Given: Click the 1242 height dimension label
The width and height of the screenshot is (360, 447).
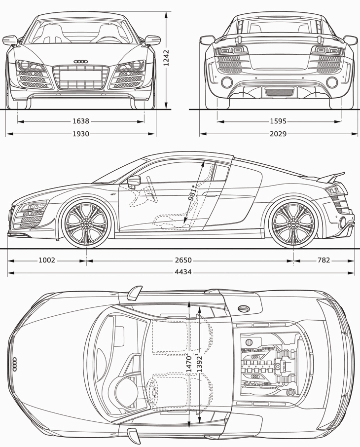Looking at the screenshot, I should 166,58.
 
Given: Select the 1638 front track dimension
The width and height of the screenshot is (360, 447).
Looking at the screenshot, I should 80,121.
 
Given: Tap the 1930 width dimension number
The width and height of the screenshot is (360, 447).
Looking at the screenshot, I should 80,134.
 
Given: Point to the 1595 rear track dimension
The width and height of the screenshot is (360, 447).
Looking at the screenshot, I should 278,121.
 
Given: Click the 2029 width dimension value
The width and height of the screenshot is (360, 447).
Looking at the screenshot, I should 278,134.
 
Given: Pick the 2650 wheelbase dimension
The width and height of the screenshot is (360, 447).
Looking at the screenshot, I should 183,260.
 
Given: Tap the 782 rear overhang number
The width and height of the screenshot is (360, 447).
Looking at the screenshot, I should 324,260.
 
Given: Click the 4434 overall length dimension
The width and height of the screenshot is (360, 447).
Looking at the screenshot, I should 183,272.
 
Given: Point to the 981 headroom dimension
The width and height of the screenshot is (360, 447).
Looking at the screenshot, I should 193,192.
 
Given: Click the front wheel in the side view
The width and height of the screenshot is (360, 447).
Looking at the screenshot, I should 86,223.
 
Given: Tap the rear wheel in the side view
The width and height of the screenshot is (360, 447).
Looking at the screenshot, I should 293,223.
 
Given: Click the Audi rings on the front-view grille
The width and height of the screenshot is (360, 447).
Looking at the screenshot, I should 80,62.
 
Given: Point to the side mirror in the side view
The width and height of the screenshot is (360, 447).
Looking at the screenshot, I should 134,181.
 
